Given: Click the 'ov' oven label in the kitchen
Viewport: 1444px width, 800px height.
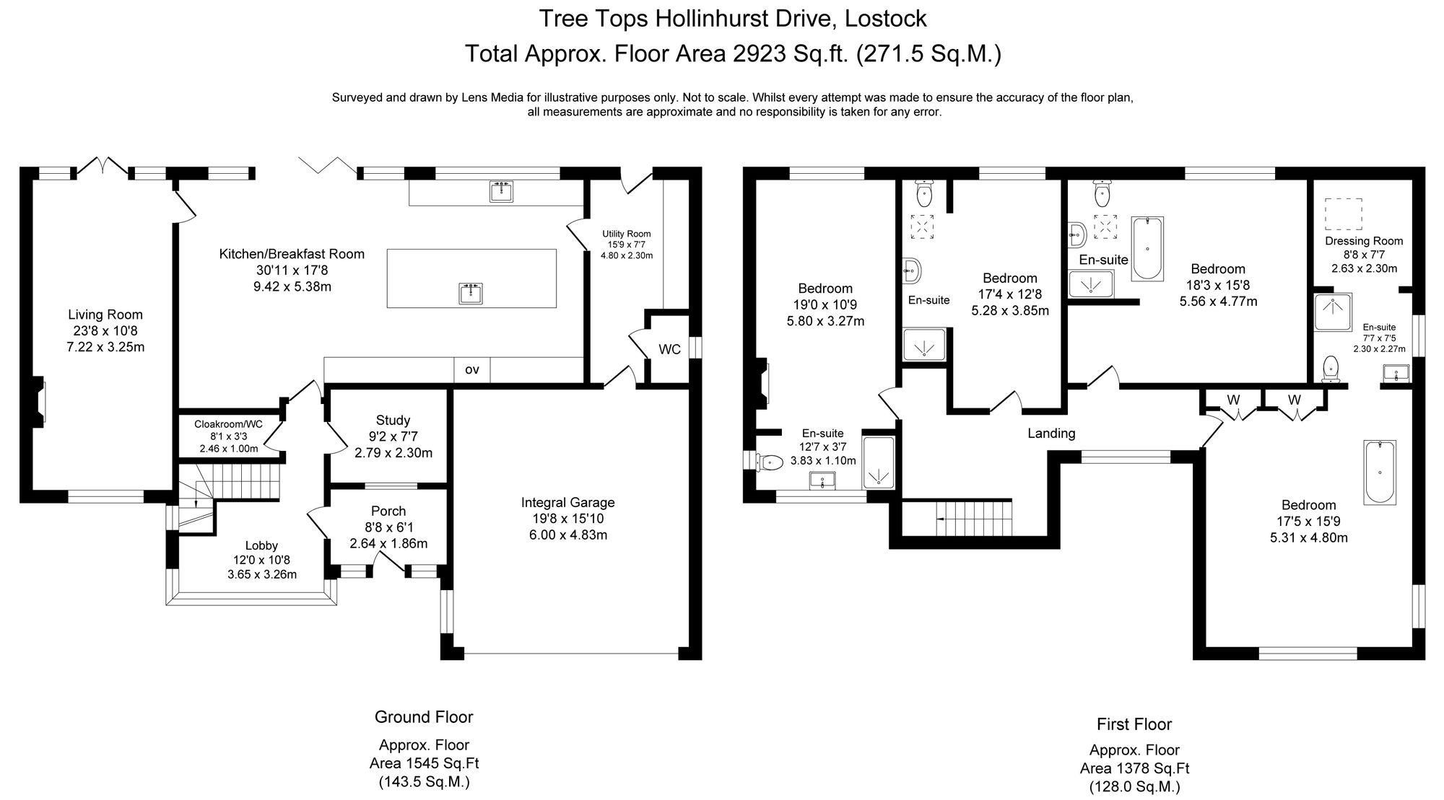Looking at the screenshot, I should tap(471, 370).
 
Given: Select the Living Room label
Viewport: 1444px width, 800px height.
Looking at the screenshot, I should tap(105, 315).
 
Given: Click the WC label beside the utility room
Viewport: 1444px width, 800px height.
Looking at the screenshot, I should tap(669, 349).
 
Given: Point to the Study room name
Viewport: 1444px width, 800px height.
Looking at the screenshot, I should tap(393, 420).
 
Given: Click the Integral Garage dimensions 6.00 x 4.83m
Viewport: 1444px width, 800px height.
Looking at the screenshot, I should tap(567, 535).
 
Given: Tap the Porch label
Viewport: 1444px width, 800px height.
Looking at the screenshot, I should tap(388, 511).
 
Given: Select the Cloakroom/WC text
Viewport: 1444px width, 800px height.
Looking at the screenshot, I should tap(229, 424).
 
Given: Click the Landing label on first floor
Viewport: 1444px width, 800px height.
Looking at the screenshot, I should tap(1051, 433).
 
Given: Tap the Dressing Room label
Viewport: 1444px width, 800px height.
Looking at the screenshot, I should tap(1363, 241).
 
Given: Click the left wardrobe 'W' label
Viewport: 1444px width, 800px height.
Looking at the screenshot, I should tap(1233, 400).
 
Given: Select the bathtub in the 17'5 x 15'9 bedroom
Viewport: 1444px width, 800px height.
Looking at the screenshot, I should tap(1380, 472).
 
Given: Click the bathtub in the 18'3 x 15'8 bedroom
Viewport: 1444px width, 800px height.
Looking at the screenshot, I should tap(1147, 248).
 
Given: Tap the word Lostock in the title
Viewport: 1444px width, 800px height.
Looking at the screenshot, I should tap(886, 18).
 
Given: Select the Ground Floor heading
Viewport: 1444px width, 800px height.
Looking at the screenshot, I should tap(424, 717).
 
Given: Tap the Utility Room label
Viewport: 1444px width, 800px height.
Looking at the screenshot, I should tap(626, 234).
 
